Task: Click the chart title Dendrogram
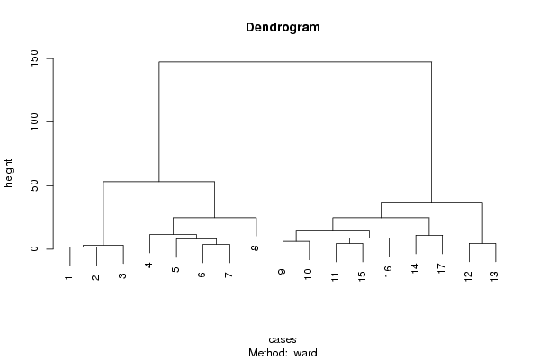pos(283,28)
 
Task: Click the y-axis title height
pos(8,174)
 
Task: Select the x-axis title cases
pos(283,339)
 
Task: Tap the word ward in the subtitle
pos(305,353)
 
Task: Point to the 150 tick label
pos(34,58)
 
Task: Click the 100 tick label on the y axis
pos(34,121)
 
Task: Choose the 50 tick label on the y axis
pos(34,185)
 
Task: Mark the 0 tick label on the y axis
pos(34,248)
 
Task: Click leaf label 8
pos(255,247)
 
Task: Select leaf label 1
pos(68,277)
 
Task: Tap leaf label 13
pos(494,276)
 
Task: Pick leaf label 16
pos(388,271)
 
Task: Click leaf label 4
pos(148,265)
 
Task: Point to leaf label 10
pos(308,274)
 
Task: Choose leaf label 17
pos(441,268)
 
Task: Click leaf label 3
pos(122,275)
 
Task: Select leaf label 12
pos(468,276)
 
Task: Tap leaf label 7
pos(229,274)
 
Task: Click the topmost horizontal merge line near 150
pos(295,62)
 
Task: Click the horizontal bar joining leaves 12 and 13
pos(482,243)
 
